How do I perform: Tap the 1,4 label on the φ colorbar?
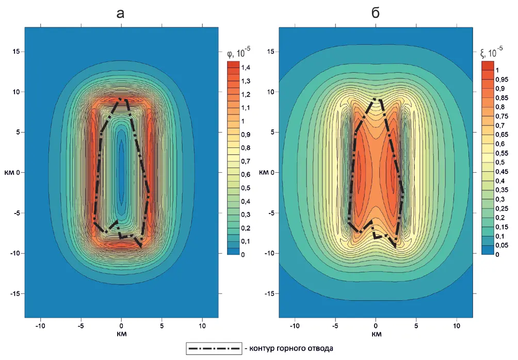246,68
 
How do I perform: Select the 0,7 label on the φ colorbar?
246,161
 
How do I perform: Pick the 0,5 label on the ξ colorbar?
500,162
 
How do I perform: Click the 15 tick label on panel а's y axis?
15,52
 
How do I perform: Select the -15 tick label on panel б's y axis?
268,293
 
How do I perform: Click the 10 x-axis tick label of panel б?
457,326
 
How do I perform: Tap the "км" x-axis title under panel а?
121,334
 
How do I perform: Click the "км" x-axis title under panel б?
376,334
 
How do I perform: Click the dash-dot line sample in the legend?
215,349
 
